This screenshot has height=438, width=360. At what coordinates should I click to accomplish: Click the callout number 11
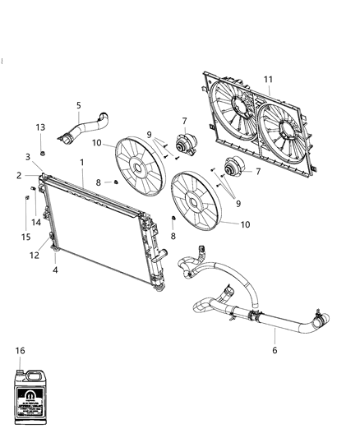268,79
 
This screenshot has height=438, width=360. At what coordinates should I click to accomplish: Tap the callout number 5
78,105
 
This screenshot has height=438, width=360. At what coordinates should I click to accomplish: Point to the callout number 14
37,222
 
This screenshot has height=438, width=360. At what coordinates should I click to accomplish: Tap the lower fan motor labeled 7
238,167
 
